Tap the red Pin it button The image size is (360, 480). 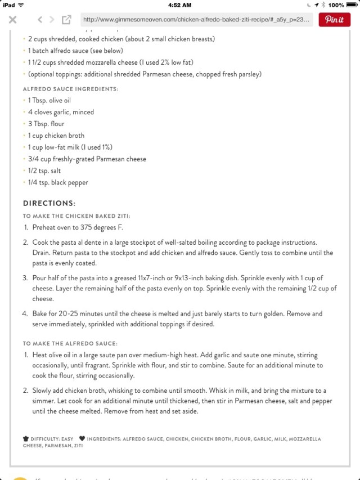(334, 20)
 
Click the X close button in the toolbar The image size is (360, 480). (13, 20)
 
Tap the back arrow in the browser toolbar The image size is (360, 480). (40, 20)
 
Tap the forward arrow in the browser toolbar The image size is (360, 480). (52, 20)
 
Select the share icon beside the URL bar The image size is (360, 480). (66, 20)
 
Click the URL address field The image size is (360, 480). (196, 20)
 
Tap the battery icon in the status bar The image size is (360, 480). (352, 5)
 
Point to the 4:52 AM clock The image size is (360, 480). (180, 5)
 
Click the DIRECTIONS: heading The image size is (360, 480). (49, 203)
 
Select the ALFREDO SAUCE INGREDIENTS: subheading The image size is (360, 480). (70, 89)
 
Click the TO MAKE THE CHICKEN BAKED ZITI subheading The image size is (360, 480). (76, 216)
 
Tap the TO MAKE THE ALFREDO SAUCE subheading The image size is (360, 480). (70, 343)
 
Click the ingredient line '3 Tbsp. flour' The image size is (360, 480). (46, 124)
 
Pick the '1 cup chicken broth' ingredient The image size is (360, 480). (56, 136)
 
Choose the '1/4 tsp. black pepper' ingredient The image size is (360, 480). (58, 182)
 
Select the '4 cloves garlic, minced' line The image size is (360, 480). (61, 112)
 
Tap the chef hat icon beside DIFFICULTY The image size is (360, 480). (26, 438)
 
